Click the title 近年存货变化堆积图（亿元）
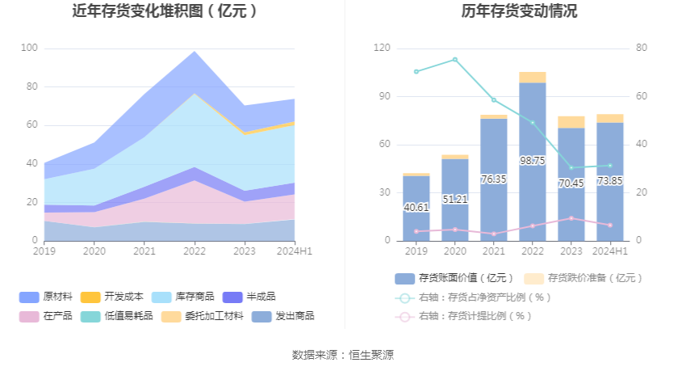point(165,11)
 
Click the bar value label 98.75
point(533,161)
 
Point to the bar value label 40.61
point(416,207)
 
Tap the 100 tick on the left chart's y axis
point(29,48)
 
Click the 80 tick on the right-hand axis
point(642,48)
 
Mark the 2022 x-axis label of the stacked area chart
point(195,251)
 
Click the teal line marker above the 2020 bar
point(455,59)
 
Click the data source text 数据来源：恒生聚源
point(343,355)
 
